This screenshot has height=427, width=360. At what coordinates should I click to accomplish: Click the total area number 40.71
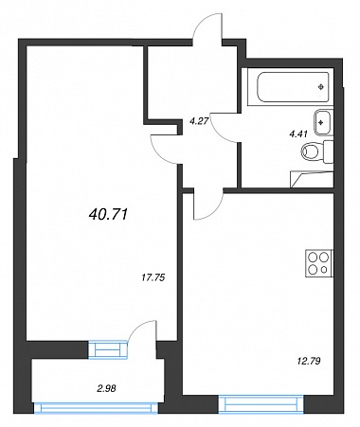tap(108, 215)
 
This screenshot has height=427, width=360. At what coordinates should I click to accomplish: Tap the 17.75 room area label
tap(153, 277)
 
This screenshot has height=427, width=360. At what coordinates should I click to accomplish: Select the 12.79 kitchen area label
tap(309, 361)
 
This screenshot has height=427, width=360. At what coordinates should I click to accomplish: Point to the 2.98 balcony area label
tap(105, 388)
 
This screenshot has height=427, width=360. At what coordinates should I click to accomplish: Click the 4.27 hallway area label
tap(198, 120)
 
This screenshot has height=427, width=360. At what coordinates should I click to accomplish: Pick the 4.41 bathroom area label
tap(298, 134)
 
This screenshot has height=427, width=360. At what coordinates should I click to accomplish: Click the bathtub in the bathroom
tap(291, 87)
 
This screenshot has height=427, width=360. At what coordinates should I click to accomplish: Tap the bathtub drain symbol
tap(321, 86)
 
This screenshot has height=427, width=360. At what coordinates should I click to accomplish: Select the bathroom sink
tap(323, 122)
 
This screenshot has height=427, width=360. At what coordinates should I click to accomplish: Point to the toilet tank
tap(329, 151)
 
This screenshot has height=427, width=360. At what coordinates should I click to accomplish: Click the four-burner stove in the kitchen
tap(319, 263)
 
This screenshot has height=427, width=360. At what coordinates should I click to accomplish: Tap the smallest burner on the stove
tap(324, 270)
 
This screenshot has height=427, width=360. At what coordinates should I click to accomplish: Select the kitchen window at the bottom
tap(261, 405)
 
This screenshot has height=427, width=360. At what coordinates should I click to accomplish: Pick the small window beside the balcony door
tap(108, 350)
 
